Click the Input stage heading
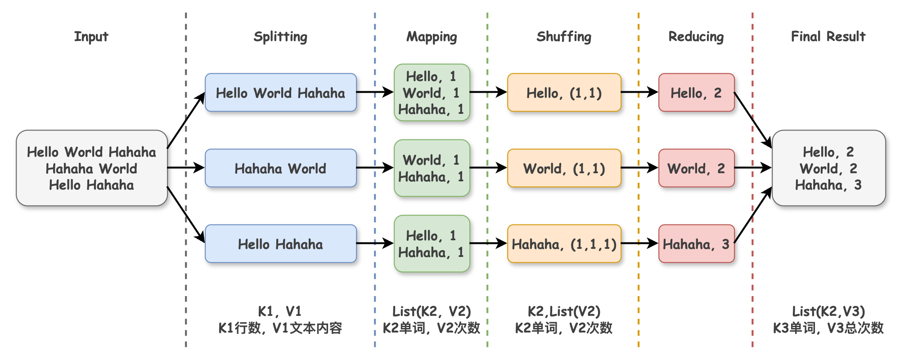[91, 36]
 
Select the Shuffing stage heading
[564, 37]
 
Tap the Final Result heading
[828, 36]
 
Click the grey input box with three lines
[92, 168]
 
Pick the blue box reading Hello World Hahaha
[281, 92]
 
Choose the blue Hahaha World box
[281, 168]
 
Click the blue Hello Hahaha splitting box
[281, 243]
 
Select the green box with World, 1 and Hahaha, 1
[432, 168]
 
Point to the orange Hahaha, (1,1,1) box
[564, 243]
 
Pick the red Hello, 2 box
[697, 92]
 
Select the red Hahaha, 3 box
[697, 243]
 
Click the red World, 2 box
[697, 168]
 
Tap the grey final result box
[829, 168]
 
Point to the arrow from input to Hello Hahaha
[186, 215]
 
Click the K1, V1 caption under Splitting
[280, 311]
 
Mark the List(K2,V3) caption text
[828, 311]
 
